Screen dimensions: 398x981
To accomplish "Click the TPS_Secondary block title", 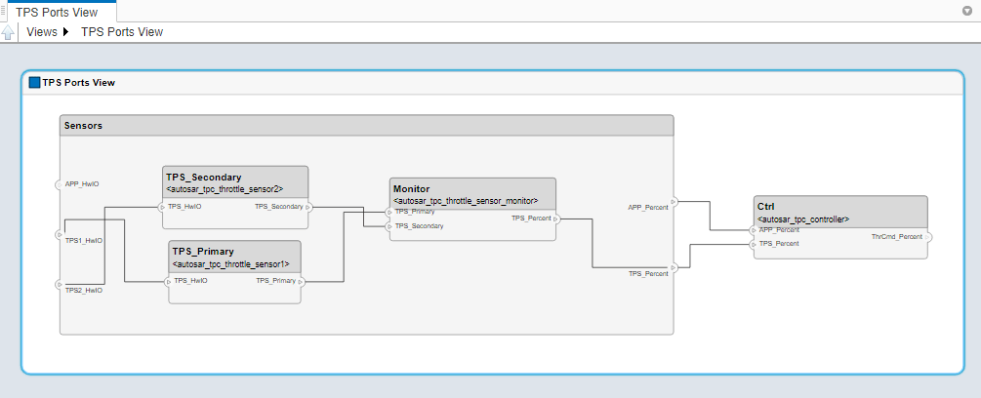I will coord(203,178).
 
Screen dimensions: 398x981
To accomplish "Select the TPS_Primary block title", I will coord(203,252).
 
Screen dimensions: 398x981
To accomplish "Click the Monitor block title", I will coord(411,188).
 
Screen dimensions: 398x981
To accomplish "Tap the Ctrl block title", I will coord(766,207).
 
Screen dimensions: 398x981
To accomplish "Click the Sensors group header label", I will coord(83,126).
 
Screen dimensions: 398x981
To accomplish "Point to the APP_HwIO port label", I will coord(82,183).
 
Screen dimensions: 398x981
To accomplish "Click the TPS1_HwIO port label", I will coord(84,240).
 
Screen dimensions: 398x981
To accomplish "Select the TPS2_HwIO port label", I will coord(84,290).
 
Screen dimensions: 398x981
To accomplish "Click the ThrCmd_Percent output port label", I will coord(896,237).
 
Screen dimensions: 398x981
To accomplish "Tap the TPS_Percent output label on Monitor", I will coord(531,219).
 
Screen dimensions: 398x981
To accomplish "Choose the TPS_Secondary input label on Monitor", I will coord(420,226).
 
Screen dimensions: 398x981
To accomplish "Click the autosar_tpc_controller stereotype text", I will coord(803,219).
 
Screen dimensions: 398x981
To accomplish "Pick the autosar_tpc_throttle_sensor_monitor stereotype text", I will coord(466,200).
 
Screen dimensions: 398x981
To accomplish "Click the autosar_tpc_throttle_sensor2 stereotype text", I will coord(225,189).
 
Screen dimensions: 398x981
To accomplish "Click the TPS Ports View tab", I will coord(57,13).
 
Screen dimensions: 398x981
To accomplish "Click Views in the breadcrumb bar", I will coord(42,32).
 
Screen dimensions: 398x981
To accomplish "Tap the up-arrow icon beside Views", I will coord(9,32).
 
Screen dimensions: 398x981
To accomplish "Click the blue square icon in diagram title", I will coord(35,83).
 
